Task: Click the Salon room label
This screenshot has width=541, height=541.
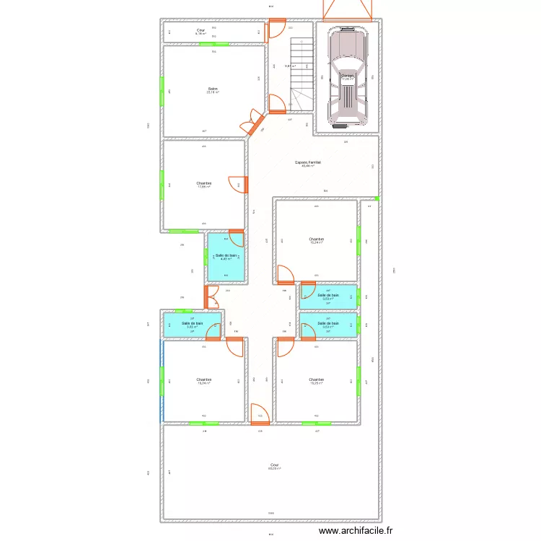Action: (213, 90)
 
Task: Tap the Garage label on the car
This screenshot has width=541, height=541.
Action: (348, 76)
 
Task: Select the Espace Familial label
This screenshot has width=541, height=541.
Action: (308, 164)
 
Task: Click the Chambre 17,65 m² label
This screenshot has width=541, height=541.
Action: (203, 185)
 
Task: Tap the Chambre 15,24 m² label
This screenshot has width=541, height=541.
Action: (316, 240)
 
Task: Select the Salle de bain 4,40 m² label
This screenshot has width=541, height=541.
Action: (226, 257)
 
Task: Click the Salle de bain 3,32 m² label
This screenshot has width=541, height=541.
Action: (192, 325)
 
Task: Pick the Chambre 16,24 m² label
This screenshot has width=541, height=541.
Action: (203, 381)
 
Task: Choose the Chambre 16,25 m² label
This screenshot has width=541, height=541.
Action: (316, 381)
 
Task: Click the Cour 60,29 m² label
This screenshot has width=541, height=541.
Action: (274, 466)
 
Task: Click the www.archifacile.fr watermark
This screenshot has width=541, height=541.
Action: (356, 530)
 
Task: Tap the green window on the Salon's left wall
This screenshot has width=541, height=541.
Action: (162, 91)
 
